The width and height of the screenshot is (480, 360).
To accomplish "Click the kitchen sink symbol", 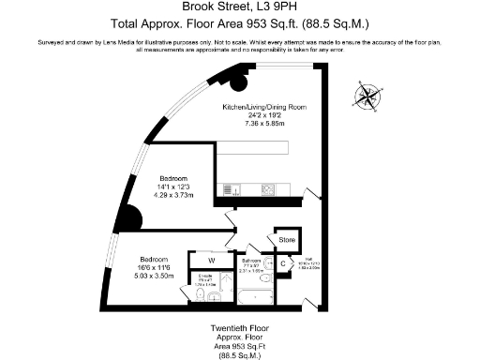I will (x=232, y=191).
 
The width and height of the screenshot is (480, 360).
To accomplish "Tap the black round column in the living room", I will (x=240, y=82).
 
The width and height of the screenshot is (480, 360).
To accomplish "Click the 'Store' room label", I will (x=286, y=241).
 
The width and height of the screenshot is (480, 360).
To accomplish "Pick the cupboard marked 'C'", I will (x=283, y=264).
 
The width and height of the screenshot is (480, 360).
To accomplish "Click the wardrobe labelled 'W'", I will (x=211, y=261).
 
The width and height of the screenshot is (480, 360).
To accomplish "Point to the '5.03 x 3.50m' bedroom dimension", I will (x=154, y=277).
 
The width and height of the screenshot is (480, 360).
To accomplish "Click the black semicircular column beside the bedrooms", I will (x=136, y=218).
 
